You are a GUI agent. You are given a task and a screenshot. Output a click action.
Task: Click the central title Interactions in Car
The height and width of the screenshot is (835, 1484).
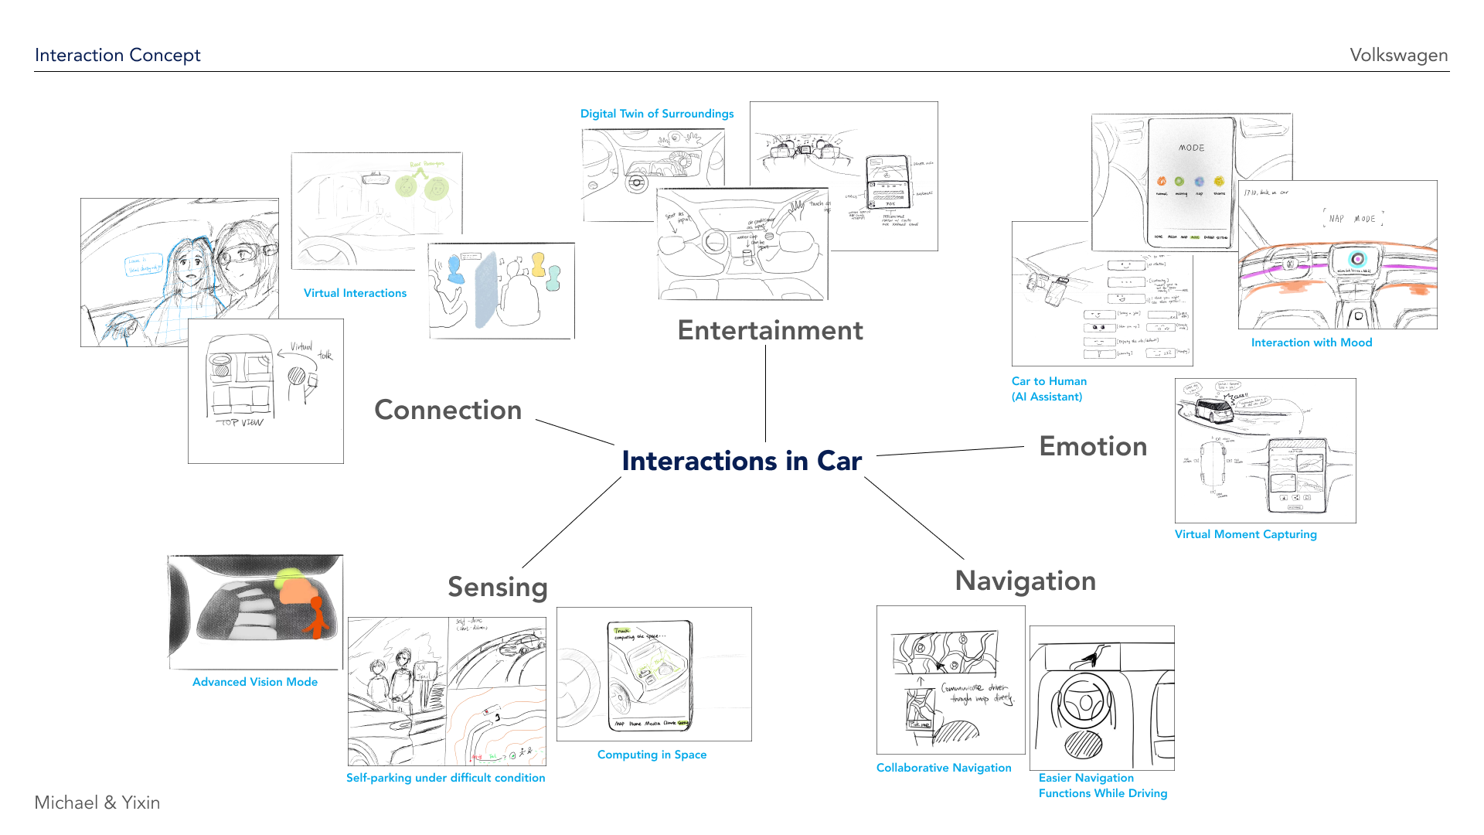coord(741,461)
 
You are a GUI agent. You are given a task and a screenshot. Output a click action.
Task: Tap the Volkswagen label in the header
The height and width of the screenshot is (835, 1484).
coord(1398,55)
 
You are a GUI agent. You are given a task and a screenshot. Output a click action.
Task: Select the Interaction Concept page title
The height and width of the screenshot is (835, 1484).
coord(117,55)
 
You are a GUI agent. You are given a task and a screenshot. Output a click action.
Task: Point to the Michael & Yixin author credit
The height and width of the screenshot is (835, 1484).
coord(97,803)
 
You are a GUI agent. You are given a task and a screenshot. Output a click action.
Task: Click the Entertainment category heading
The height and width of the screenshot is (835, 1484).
coord(770,330)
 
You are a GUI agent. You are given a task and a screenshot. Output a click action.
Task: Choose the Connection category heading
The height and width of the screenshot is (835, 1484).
coord(448,410)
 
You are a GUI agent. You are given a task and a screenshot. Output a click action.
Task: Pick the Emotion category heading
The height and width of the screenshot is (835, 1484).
coord(1093,446)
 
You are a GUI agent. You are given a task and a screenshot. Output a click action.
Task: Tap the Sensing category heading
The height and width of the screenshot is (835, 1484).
coord(498,587)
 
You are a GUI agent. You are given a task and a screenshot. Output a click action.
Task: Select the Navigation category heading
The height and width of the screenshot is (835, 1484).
coord(1025,581)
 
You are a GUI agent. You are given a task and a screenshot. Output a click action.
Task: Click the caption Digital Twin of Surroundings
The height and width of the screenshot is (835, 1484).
coord(657,114)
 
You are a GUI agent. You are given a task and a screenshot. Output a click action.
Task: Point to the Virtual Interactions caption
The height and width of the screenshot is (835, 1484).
coord(355,293)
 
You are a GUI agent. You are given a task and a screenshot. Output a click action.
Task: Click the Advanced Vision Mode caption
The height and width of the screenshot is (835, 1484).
coord(255,682)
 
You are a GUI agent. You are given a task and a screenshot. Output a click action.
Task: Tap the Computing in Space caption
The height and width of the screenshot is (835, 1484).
coord(652,755)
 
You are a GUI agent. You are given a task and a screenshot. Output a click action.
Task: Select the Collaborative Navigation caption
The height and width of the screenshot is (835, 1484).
coord(944,768)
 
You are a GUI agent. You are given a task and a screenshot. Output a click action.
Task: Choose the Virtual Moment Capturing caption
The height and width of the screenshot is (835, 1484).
coord(1245,534)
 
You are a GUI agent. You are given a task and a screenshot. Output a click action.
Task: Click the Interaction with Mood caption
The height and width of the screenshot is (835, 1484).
coord(1312,343)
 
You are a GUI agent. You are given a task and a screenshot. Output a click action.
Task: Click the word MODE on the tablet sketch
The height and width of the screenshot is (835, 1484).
coord(1191,148)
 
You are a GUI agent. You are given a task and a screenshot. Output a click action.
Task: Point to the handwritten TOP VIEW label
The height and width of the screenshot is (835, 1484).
coord(241,423)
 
